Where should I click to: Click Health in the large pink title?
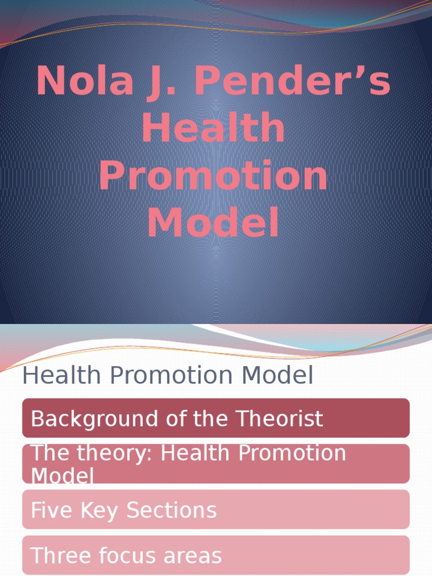213,129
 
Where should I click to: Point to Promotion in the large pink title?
213,176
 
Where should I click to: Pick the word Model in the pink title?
213,223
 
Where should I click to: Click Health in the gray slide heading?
58,376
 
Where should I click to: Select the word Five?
48,510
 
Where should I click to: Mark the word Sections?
172,510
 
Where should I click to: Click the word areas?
194,556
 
